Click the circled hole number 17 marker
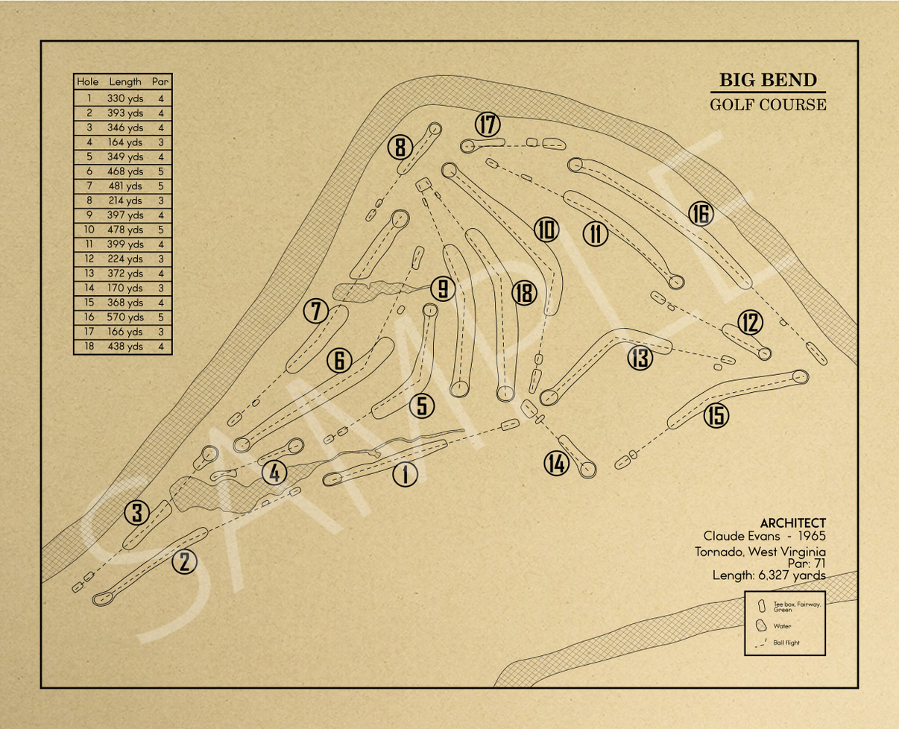pos(488,125)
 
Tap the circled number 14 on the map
pos(556,464)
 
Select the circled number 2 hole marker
pos(184,562)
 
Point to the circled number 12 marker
pos(750,322)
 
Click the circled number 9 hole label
pos(443,288)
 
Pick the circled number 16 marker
pos(701,214)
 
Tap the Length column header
pos(125,81)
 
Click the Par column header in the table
pos(160,81)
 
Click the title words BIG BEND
pos(768,81)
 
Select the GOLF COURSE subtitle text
pos(768,104)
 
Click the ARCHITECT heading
pos(792,524)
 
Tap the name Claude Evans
pos(734,537)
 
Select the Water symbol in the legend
pos(762,625)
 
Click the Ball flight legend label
pos(786,643)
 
